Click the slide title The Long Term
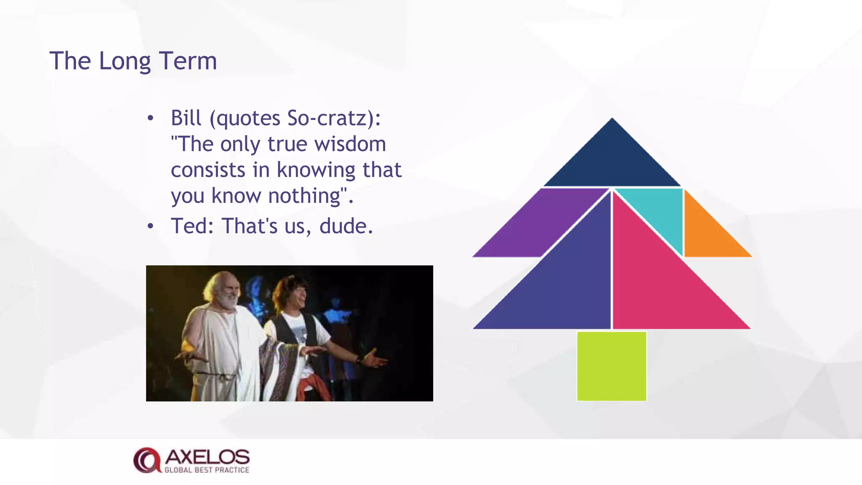pos(133,61)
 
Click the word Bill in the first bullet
pos(186,118)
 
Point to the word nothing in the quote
pos(304,196)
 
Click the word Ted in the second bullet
pos(189,226)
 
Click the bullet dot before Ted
pos(151,227)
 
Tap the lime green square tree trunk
pos(612,366)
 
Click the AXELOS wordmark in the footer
pos(207,457)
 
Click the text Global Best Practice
pos(207,470)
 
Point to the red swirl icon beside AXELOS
pos(146,460)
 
